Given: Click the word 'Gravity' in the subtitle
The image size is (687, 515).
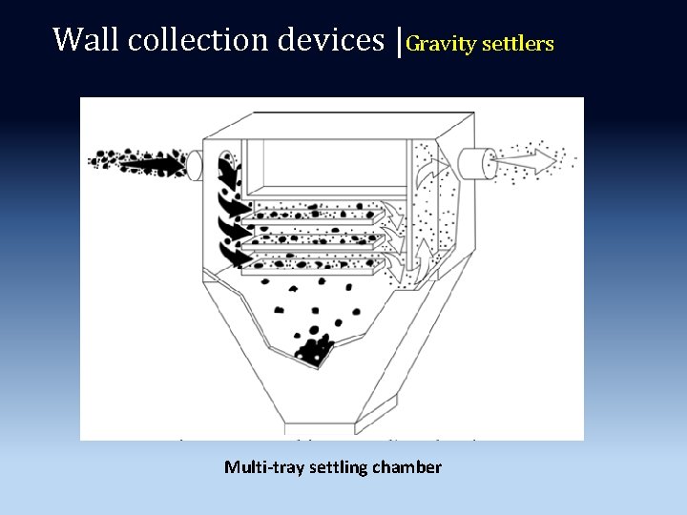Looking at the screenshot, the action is [440, 44].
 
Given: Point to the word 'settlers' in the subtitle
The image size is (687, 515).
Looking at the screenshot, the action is [517, 44].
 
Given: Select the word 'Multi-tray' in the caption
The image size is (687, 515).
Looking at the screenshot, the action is [260, 467].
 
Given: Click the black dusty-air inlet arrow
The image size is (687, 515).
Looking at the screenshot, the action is [153, 163].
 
